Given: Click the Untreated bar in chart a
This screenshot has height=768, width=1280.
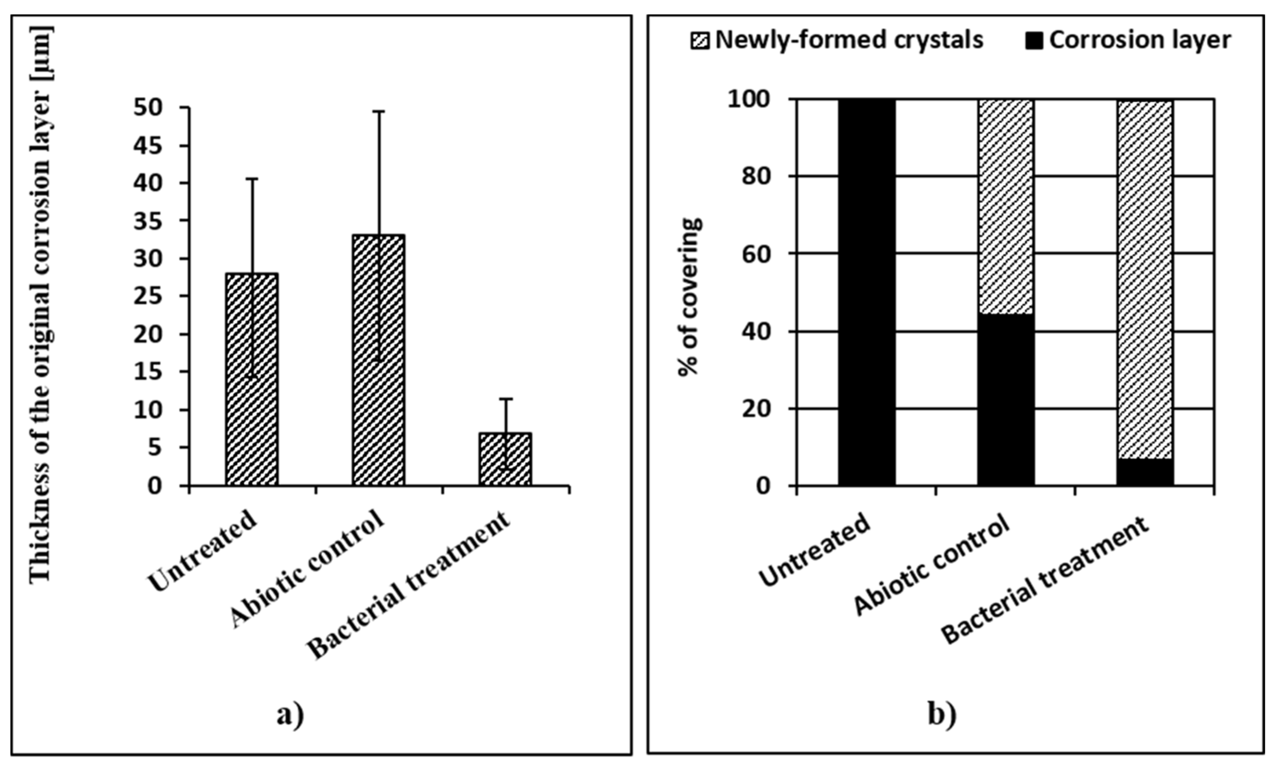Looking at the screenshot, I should point(252,379).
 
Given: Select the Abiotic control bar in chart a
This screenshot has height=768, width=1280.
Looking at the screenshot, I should point(379,360).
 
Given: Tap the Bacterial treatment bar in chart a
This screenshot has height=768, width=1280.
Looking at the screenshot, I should point(505,459).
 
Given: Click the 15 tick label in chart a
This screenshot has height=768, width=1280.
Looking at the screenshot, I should point(148,372).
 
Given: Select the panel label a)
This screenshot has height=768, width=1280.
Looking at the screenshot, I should point(290,716).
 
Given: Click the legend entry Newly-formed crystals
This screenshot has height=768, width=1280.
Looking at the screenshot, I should point(848,40).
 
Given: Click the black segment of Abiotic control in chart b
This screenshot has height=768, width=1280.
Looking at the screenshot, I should point(1006,400).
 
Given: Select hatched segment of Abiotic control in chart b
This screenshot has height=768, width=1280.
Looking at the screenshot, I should point(1006,207).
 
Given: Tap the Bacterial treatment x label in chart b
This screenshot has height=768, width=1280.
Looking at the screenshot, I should point(1045,581).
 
